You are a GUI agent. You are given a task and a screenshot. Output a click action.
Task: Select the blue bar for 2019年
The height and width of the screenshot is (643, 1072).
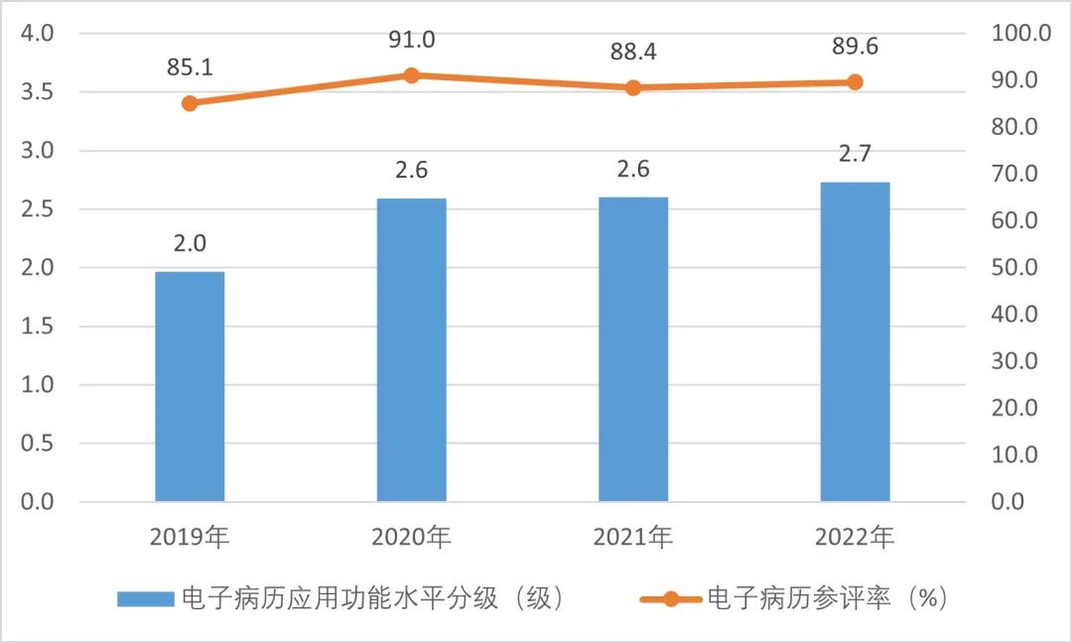[190, 386]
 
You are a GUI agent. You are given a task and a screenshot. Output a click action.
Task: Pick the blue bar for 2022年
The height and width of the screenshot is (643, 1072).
[855, 341]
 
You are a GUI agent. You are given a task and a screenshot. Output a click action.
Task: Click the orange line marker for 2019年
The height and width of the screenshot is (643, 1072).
[190, 103]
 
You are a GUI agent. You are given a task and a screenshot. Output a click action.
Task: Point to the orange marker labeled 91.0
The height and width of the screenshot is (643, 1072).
[411, 75]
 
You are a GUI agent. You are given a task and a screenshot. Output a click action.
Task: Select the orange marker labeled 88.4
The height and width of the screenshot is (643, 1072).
[633, 87]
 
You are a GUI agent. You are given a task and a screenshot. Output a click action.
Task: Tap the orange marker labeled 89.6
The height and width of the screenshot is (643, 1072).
[855, 82]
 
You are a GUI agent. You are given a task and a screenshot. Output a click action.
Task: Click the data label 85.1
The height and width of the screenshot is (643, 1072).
[190, 68]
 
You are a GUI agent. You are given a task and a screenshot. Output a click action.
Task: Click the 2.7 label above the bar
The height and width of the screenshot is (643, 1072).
[855, 155]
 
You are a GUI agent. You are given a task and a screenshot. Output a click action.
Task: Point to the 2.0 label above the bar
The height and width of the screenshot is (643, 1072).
[190, 243]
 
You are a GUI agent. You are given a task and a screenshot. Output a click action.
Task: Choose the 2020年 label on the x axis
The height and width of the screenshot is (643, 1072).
[411, 538]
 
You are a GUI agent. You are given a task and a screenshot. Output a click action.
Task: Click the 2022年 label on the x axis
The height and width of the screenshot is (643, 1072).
[855, 538]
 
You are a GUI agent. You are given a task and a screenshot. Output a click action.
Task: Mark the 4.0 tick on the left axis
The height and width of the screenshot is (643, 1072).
[38, 34]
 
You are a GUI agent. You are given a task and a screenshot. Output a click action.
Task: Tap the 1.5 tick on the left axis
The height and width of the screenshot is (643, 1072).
[38, 326]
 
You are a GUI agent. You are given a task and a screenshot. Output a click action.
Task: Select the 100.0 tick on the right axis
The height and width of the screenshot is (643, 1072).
[1020, 34]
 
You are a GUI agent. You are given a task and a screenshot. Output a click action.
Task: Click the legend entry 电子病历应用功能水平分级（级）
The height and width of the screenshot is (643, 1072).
[343, 598]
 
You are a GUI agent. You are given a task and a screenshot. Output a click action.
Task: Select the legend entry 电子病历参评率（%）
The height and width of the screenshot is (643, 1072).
[794, 598]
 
